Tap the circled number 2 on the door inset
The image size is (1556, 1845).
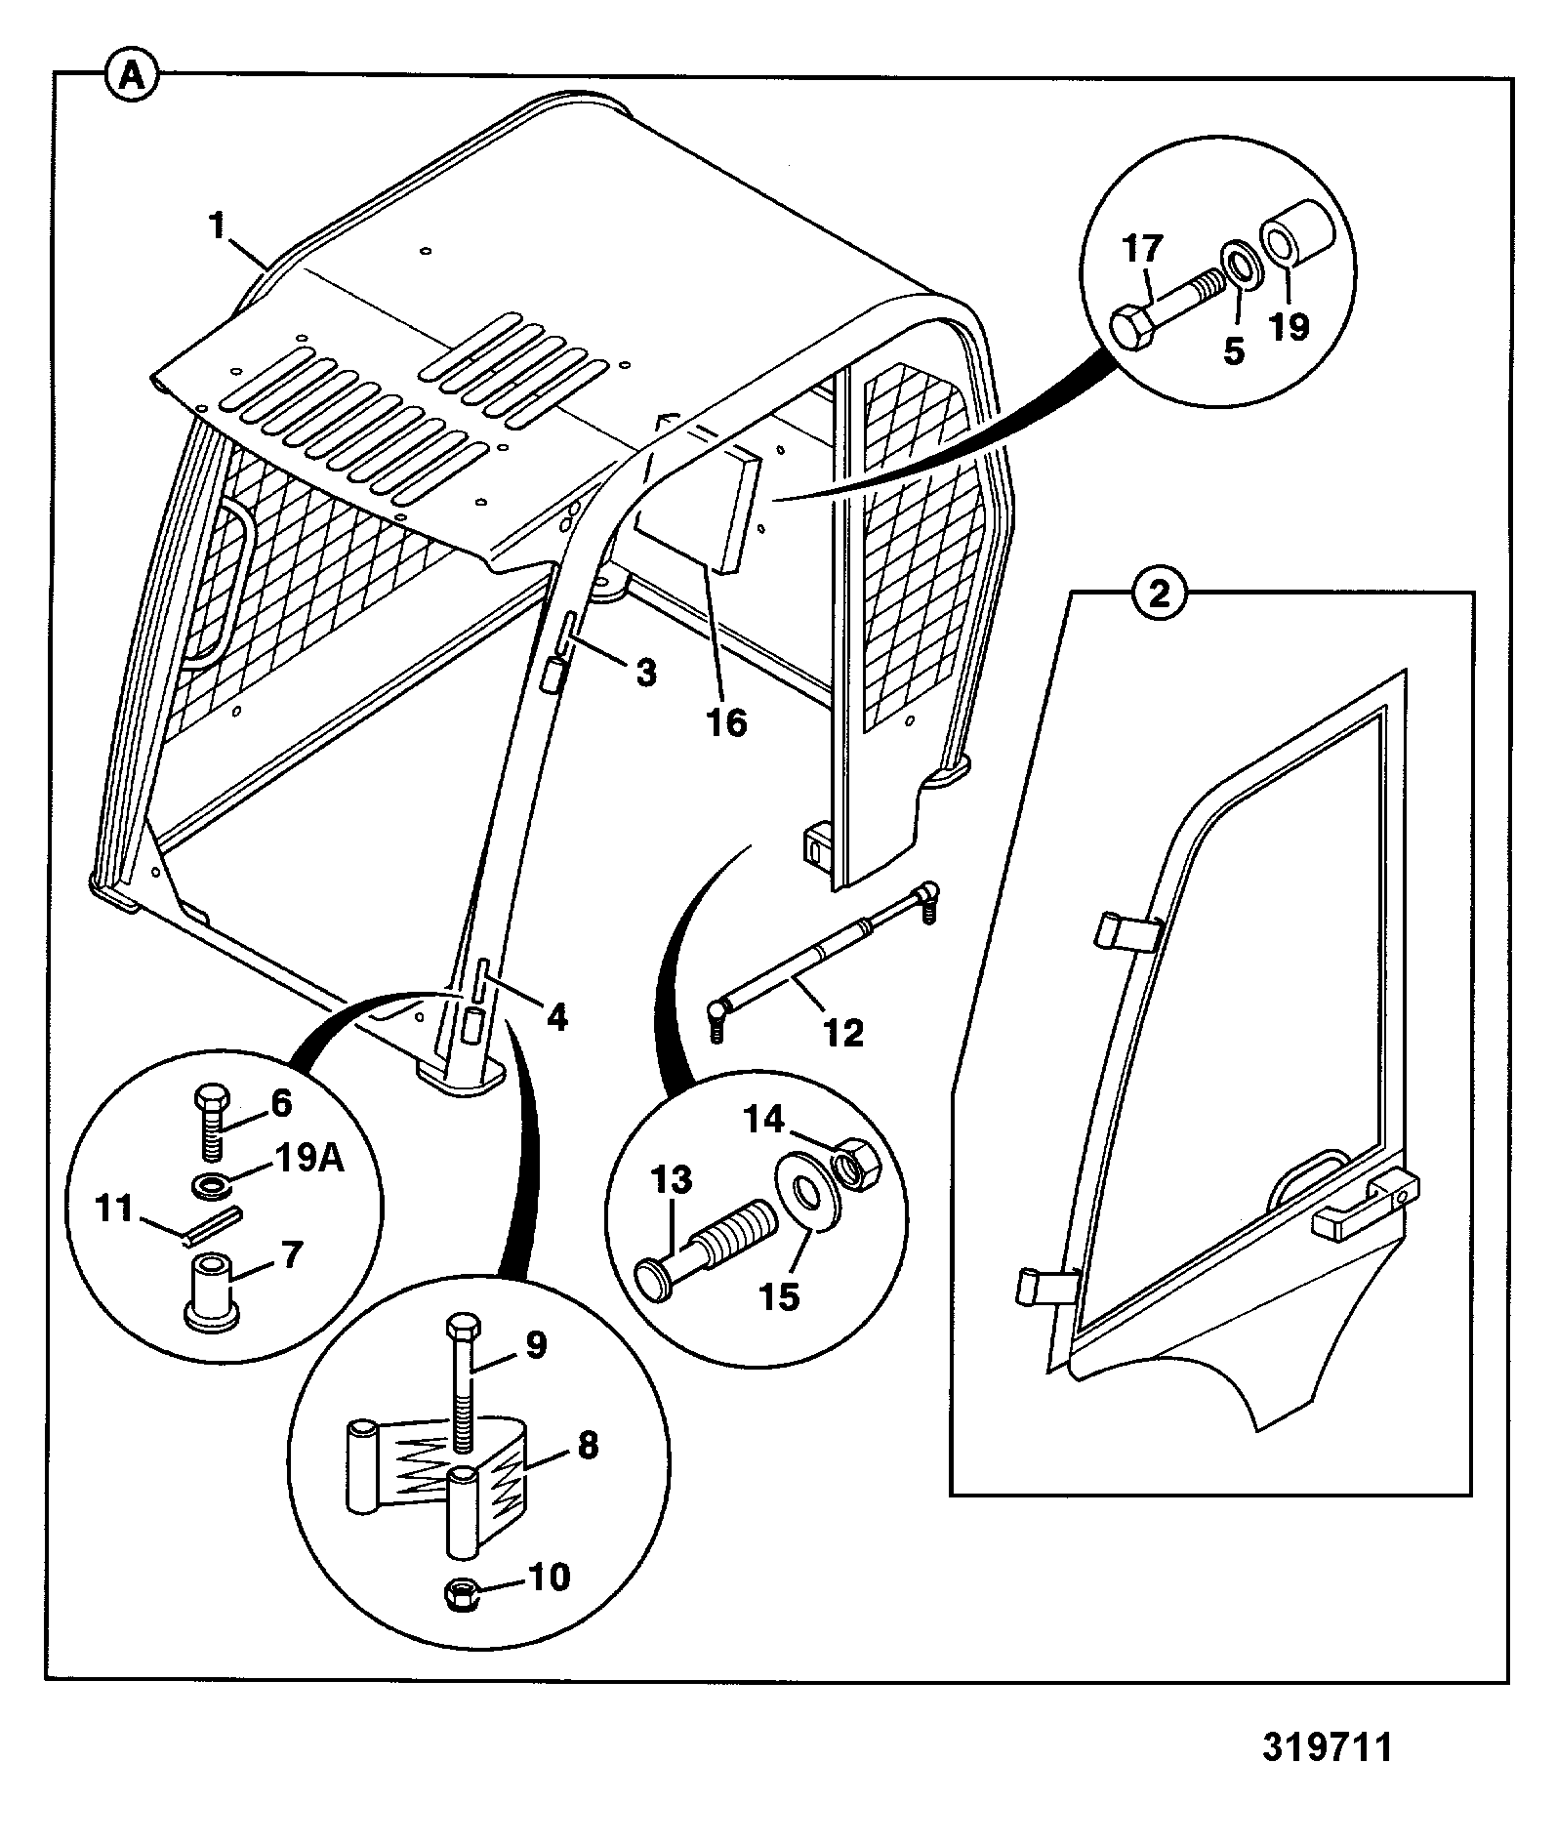coord(1159,594)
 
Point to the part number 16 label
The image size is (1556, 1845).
coord(728,723)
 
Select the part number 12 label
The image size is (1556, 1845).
coord(842,1032)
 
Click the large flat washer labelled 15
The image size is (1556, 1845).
coord(805,1195)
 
